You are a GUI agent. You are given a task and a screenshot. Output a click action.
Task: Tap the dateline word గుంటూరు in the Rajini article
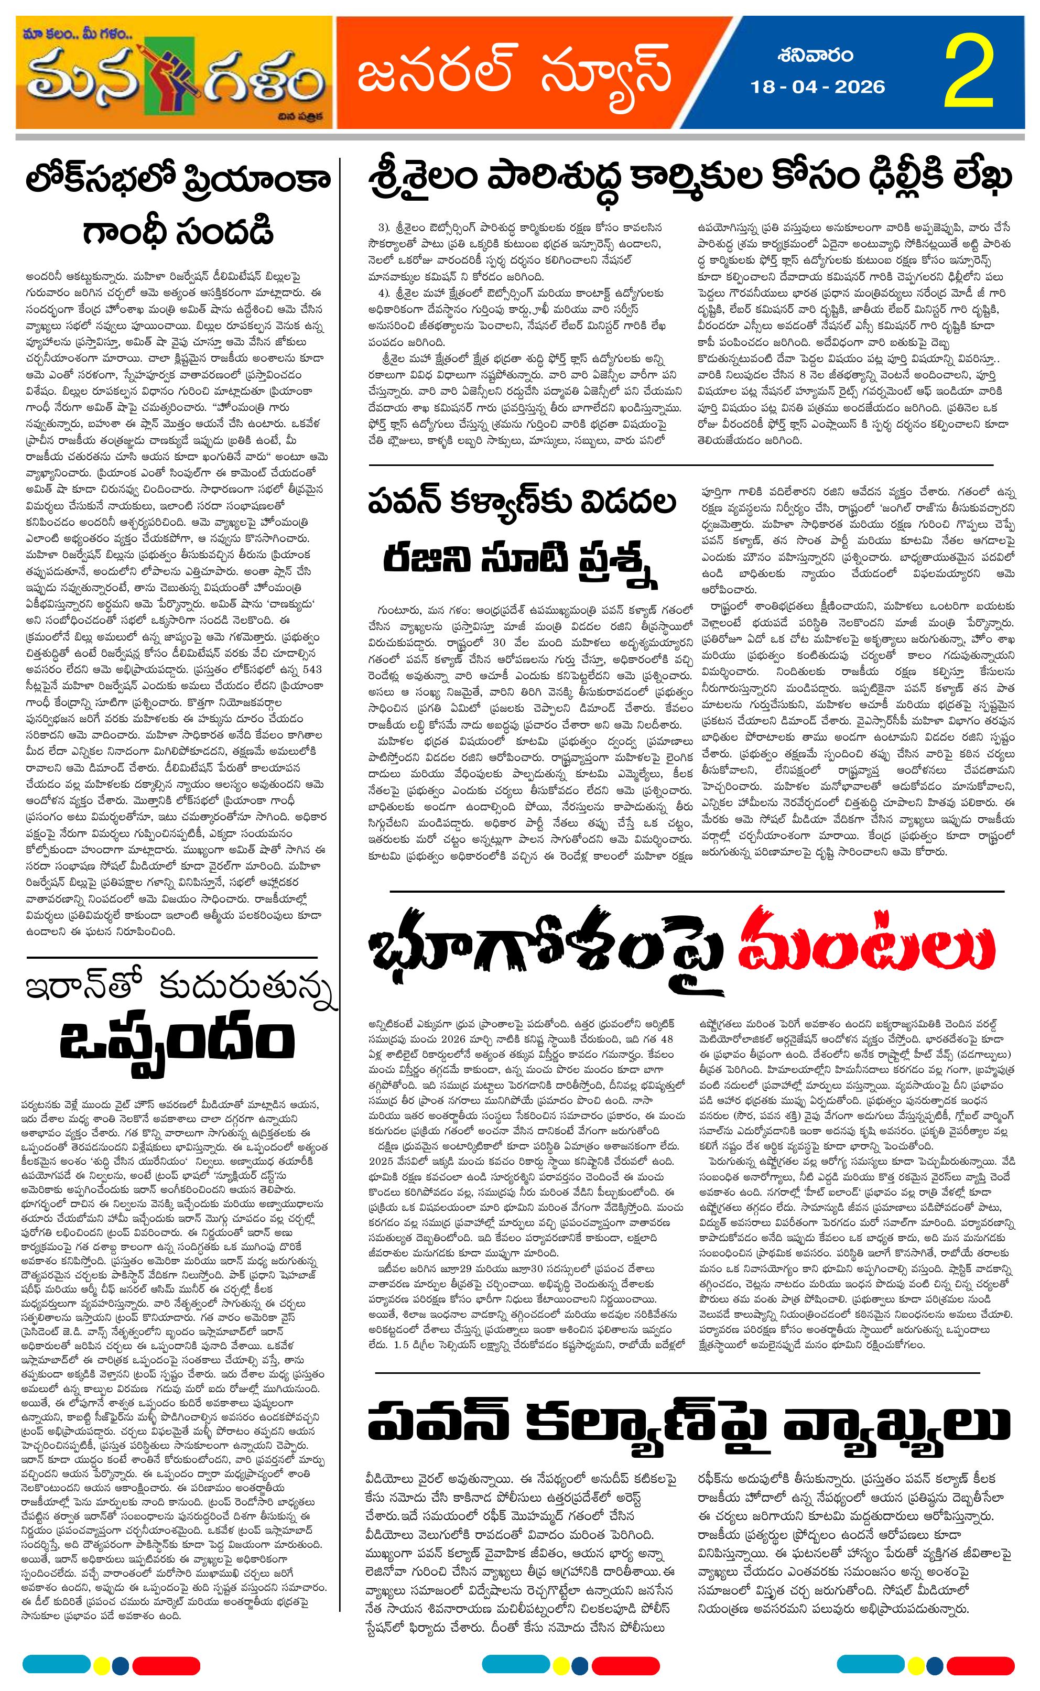[395, 609]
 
